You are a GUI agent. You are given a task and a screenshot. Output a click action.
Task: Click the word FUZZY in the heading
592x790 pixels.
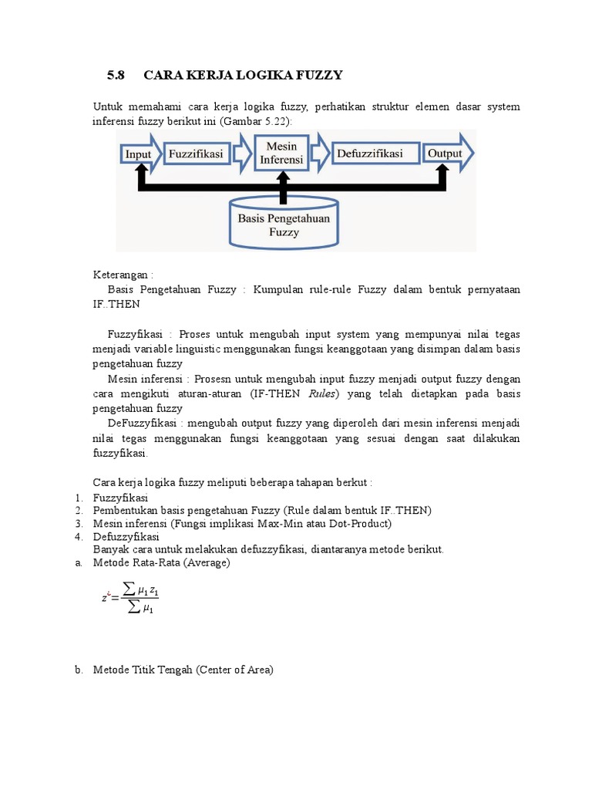click(x=318, y=75)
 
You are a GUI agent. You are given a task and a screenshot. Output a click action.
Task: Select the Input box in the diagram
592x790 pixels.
click(x=139, y=154)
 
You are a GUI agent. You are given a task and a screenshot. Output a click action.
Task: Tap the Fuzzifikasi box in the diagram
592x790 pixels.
click(x=196, y=154)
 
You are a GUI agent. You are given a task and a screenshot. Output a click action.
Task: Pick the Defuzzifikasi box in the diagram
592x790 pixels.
click(x=370, y=154)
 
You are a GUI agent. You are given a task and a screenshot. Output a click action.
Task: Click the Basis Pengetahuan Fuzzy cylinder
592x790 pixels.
click(x=284, y=224)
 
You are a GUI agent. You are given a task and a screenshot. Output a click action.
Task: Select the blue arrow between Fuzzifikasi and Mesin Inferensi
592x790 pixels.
click(x=242, y=154)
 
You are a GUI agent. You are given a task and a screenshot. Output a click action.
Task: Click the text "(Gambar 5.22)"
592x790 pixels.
click(x=257, y=120)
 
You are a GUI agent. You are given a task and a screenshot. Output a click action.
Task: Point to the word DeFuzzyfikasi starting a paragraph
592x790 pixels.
click(x=143, y=424)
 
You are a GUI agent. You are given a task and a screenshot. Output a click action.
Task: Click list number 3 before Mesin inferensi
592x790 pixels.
click(x=79, y=524)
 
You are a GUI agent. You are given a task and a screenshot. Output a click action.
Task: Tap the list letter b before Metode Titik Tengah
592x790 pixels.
click(x=79, y=670)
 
